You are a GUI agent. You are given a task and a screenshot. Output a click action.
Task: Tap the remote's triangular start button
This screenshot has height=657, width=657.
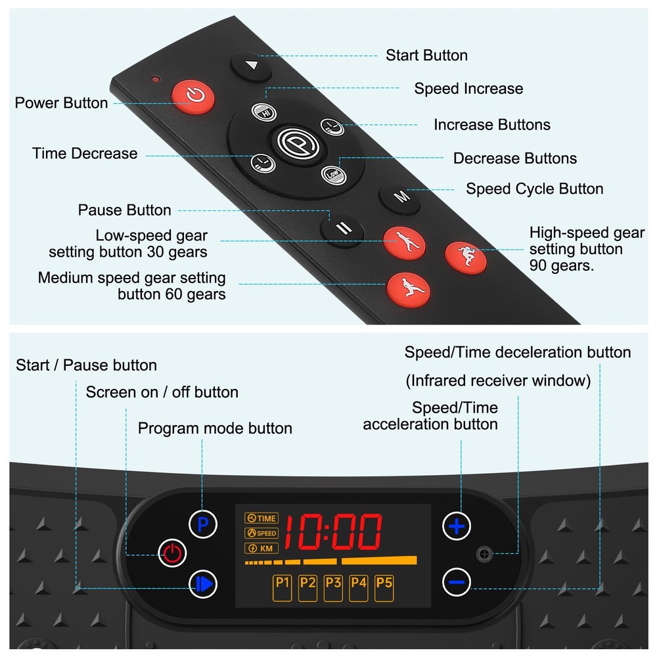(x=251, y=66)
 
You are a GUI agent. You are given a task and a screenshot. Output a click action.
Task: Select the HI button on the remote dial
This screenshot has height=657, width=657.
(x=264, y=112)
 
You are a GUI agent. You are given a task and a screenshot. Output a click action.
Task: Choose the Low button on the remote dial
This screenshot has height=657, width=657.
(x=334, y=174)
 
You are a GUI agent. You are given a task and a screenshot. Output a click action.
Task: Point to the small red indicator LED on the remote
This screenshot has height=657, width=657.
(x=156, y=79)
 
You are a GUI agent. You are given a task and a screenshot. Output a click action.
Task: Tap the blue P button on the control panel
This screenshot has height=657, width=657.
(x=203, y=524)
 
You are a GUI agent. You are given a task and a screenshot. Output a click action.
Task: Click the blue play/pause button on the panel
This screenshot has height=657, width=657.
(x=203, y=583)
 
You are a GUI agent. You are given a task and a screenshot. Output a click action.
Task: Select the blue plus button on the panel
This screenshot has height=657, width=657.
(x=457, y=526)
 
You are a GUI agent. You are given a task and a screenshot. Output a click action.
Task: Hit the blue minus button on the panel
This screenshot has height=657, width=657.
(x=457, y=582)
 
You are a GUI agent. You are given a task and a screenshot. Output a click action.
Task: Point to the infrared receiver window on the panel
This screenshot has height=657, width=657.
(x=484, y=554)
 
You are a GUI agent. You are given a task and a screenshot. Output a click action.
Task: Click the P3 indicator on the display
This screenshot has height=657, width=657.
(x=333, y=588)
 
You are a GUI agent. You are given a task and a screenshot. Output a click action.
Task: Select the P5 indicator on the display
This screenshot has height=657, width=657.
(x=384, y=588)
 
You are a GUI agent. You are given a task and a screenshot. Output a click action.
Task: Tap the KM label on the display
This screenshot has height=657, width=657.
(x=261, y=549)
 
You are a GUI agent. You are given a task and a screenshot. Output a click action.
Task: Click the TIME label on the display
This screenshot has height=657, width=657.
(x=261, y=518)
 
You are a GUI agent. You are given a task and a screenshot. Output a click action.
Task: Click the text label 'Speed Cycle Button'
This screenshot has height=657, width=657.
(x=535, y=189)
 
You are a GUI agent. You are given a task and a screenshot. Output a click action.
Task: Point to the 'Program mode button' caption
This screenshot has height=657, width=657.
(x=215, y=428)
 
